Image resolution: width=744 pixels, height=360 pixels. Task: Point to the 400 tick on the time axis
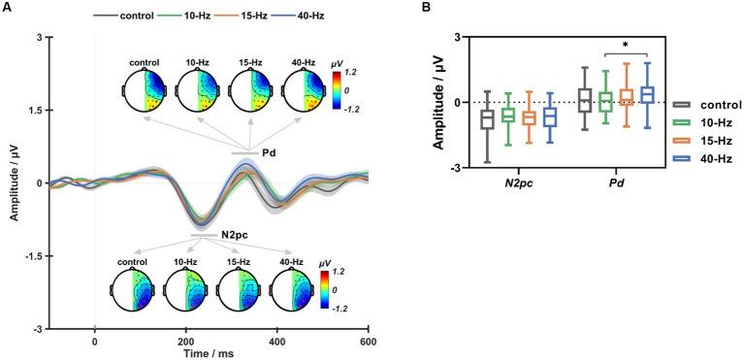point(411,343)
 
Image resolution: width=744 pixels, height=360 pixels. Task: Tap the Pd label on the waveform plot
point(273,153)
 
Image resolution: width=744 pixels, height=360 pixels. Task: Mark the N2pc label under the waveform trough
point(225,235)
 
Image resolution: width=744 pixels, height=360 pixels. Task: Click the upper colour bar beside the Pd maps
point(336,93)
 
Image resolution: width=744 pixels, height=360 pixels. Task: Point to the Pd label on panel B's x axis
point(612,181)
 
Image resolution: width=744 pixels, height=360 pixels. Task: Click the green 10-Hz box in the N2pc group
point(507,115)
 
